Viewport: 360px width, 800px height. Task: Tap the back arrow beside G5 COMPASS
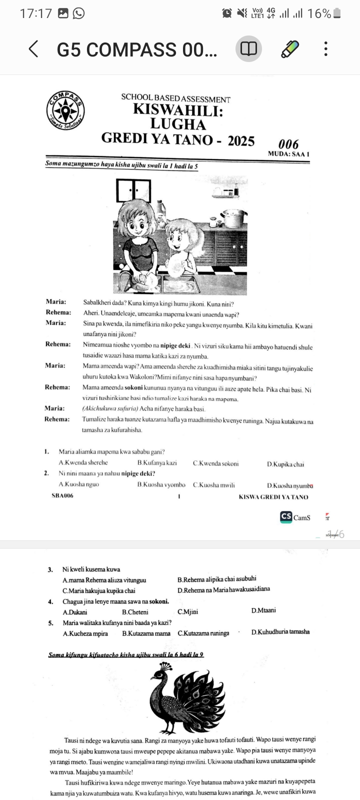coord(33,49)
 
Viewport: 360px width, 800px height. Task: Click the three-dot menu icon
coord(326,49)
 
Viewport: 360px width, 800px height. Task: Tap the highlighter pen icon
coord(289,49)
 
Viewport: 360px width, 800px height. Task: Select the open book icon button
coord(248,49)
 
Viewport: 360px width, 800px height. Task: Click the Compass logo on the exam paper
coord(65,111)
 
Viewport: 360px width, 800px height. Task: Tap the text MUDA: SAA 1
coord(288,154)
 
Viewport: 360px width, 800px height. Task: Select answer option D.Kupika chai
coord(285,464)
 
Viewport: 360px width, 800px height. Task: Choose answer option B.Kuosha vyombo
coord(161,484)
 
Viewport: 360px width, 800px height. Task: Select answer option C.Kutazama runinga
coord(203,633)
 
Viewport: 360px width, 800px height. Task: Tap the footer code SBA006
coord(62,496)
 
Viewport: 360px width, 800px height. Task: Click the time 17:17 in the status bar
coord(35,13)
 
